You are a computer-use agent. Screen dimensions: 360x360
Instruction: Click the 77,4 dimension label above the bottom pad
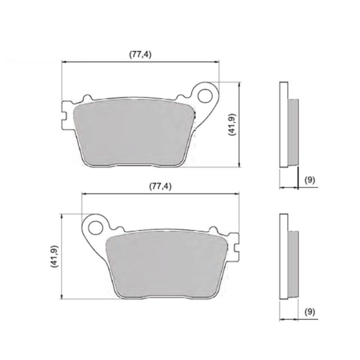pos(160,186)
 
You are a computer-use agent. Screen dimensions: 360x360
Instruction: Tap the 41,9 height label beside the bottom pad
pos(55,256)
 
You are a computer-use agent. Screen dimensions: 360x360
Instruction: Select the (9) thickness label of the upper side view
pos(310,180)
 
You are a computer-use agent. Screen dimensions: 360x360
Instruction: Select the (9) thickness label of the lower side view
pos(310,311)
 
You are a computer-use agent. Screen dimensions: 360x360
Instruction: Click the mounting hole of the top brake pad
pos(205,96)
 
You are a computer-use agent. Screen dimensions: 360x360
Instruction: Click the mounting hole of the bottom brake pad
pos(96,228)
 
